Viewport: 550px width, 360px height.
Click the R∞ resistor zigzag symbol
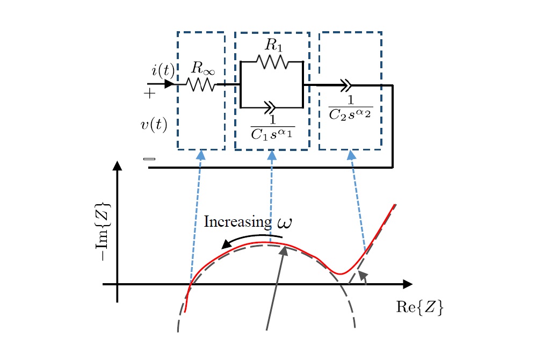(x=201, y=84)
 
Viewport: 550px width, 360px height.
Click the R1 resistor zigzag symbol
(x=273, y=62)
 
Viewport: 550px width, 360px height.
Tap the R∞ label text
(x=200, y=68)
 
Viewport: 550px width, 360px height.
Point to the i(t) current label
(x=162, y=70)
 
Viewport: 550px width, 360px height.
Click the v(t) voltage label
(x=154, y=125)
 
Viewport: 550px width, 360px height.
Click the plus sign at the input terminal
(x=149, y=93)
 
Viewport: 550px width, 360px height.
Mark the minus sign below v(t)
(x=149, y=159)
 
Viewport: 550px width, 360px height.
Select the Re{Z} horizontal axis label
(x=419, y=308)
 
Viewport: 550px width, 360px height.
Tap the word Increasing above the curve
(x=237, y=222)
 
